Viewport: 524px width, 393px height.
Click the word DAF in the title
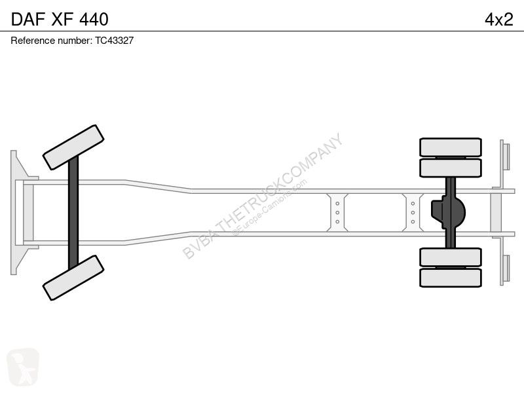coord(28,19)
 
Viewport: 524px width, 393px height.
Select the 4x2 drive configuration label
coord(498,20)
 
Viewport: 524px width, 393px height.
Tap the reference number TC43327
coord(114,41)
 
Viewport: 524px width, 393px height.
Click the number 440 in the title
coord(94,19)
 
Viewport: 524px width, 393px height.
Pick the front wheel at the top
coord(73,147)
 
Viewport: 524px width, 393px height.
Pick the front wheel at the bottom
coord(73,278)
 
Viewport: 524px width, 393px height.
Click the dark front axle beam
coord(73,212)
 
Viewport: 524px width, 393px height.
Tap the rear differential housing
coord(448,212)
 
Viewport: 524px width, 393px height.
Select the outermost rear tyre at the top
coord(451,147)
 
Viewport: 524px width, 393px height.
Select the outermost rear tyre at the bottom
coord(451,278)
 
